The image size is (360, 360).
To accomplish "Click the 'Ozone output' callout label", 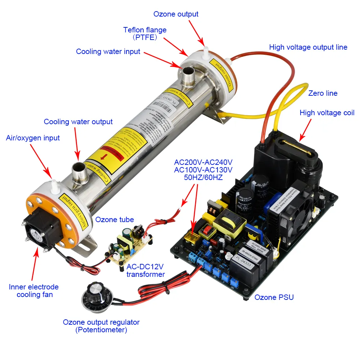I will click(x=176, y=14).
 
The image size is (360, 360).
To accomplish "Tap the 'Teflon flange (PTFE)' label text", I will click(x=145, y=33).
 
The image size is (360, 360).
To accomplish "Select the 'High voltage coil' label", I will click(x=327, y=113).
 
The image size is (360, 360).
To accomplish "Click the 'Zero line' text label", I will click(x=323, y=93).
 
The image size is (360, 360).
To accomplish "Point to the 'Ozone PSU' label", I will click(x=274, y=297).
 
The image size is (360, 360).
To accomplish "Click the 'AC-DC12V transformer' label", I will click(x=145, y=271).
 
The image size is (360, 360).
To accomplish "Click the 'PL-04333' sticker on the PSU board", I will click(x=244, y=258).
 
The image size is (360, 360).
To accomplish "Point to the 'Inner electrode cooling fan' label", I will click(x=33, y=291).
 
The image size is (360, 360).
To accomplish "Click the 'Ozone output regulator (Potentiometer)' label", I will click(x=101, y=326).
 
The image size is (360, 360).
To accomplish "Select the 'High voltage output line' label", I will click(x=308, y=47).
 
